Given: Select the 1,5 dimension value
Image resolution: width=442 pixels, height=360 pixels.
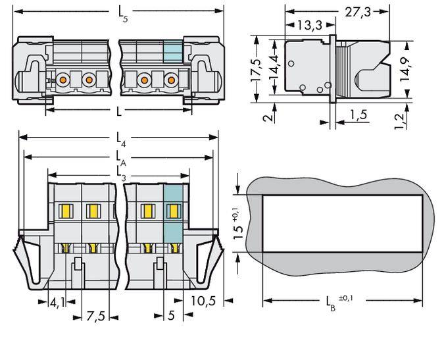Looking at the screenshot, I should point(358,115).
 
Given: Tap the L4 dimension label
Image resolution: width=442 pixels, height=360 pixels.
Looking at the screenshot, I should point(120,139).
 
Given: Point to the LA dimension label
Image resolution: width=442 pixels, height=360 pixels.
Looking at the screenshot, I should point(120,158).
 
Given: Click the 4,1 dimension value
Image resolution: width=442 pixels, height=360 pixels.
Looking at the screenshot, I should point(57,303).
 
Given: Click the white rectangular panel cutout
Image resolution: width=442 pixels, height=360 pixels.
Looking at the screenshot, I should point(342,223).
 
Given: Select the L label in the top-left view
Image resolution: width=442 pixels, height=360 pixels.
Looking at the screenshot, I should point(118,111).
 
